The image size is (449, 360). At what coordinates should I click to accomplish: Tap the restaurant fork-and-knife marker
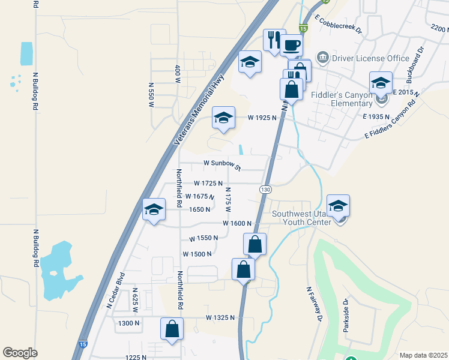pos(274,40)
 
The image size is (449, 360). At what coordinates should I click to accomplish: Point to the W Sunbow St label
pos(222,164)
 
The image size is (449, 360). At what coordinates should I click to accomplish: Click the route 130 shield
pos(265,189)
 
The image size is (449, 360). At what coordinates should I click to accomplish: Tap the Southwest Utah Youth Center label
pos(301,217)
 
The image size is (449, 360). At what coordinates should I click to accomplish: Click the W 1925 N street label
pos(262,118)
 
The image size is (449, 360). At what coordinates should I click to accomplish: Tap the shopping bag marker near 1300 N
pos(172,329)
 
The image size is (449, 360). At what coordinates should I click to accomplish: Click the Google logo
pos(20,353)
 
